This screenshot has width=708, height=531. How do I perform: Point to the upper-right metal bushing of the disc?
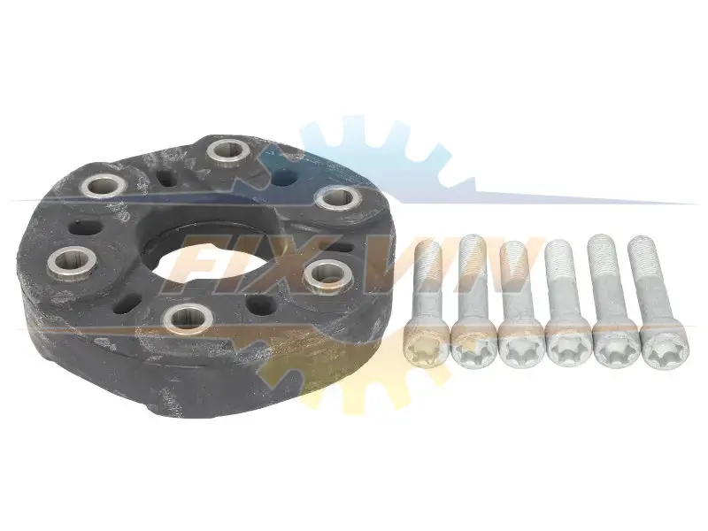[x=336, y=198]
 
